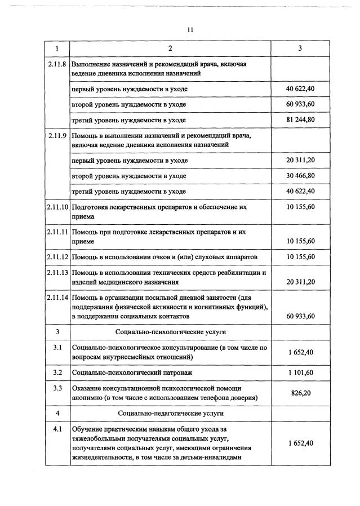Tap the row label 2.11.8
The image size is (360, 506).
[x=57, y=64]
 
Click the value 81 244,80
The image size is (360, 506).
[x=300, y=120]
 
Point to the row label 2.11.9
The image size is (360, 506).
[x=57, y=136]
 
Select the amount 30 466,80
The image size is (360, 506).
[x=300, y=176]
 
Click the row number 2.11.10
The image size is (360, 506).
[x=57, y=207]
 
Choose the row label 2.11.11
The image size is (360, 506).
[x=57, y=232]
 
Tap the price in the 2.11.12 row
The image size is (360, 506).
[x=300, y=257]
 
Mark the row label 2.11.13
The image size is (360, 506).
[x=57, y=273]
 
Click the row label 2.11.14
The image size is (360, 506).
[x=57, y=297]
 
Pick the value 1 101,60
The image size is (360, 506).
[x=300, y=372]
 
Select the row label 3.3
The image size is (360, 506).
[x=57, y=388]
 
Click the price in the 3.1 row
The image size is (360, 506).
[x=300, y=352]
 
